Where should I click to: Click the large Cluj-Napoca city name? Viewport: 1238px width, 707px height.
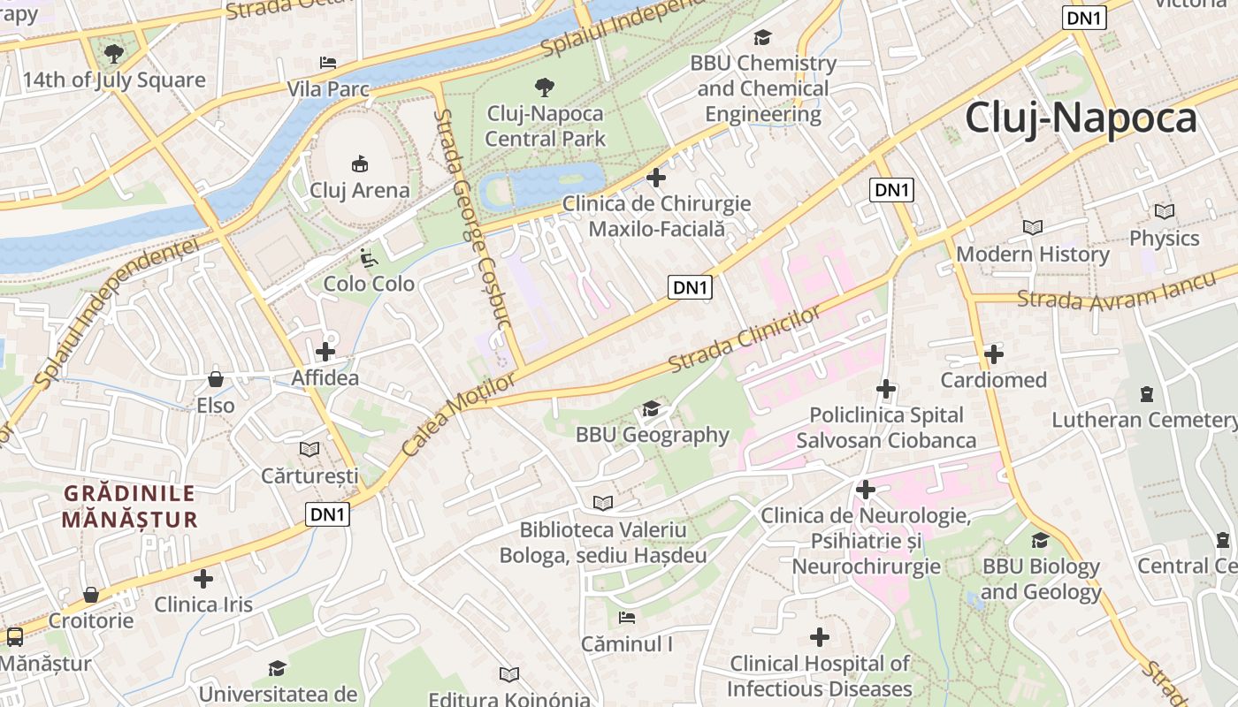(1081, 118)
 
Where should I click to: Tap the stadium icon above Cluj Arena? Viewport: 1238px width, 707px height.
(360, 163)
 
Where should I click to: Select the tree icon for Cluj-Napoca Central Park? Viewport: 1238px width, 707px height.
(545, 87)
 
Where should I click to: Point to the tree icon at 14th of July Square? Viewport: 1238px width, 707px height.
(113, 54)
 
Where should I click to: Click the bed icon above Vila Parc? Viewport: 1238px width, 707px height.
(328, 63)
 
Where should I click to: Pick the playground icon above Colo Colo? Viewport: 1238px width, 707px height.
(369, 257)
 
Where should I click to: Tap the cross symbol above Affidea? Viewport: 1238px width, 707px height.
(325, 351)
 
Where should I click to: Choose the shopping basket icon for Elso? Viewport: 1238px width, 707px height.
(215, 380)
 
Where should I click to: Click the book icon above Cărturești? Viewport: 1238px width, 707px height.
(309, 450)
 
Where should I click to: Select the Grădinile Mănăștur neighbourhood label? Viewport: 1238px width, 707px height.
(129, 506)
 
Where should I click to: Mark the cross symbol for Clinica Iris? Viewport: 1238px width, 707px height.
(203, 579)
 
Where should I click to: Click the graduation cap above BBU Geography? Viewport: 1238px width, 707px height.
(652, 408)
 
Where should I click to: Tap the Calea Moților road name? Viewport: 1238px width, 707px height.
(457, 414)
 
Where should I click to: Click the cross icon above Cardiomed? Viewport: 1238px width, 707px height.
(993, 354)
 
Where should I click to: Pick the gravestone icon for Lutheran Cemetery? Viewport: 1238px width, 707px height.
(1147, 393)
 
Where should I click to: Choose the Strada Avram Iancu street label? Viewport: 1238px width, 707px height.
(1125, 294)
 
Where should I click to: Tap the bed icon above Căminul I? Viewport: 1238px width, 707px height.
(627, 618)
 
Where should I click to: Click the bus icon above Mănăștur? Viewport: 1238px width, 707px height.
(15, 637)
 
